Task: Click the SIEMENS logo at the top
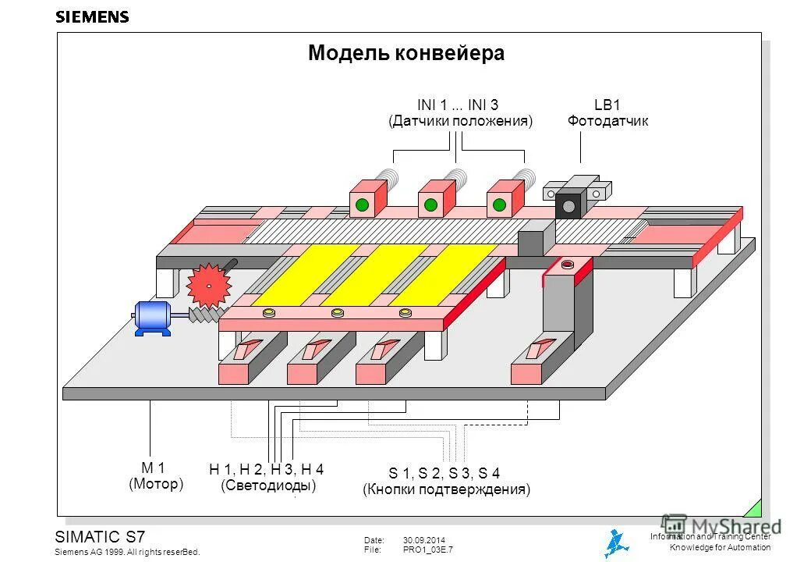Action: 92,17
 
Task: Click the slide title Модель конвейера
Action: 405,53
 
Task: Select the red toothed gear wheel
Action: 209,285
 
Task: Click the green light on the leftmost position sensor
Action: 362,206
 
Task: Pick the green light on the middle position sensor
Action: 430,206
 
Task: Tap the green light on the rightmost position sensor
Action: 499,206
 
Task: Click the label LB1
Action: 607,105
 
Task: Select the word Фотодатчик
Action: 607,122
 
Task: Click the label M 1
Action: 153,468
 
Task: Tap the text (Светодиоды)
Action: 268,486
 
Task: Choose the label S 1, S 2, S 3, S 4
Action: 444,473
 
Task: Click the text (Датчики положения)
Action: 460,122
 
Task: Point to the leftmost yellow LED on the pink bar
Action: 269,314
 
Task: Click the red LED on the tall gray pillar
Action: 567,264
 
